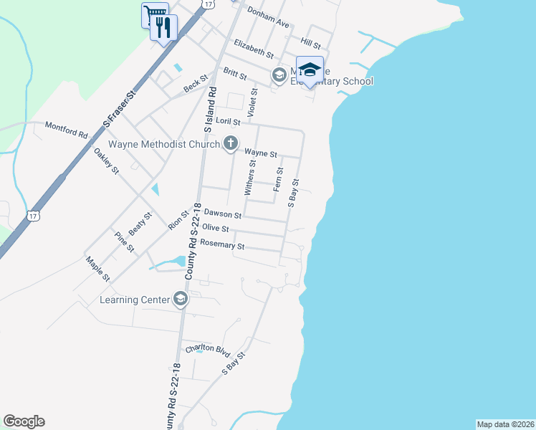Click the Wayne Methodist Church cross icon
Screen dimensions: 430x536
(230, 144)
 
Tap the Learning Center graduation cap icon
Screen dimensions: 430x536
(181, 300)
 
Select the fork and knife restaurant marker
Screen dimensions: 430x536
(164, 28)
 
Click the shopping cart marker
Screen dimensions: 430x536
(154, 15)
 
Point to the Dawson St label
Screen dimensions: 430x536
(222, 214)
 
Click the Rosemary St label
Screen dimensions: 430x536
(222, 245)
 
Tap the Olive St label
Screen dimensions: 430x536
(215, 229)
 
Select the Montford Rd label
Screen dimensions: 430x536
(66, 130)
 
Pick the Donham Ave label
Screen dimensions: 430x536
(267, 18)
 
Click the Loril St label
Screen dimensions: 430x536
(227, 122)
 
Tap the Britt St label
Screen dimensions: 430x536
(234, 73)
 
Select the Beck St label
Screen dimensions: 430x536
(195, 84)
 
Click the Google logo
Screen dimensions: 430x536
(24, 421)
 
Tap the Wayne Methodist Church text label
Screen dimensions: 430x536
(163, 144)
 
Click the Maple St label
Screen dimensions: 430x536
(97, 269)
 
